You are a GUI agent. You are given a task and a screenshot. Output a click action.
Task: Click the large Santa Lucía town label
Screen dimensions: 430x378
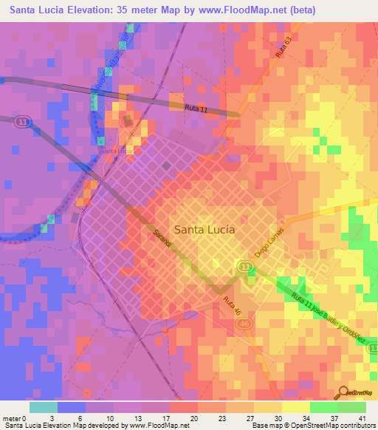pos(205,229)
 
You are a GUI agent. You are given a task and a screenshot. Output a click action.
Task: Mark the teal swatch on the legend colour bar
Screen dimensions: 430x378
pos(44,407)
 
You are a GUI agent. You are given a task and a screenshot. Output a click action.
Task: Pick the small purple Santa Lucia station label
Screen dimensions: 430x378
pos(117,151)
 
